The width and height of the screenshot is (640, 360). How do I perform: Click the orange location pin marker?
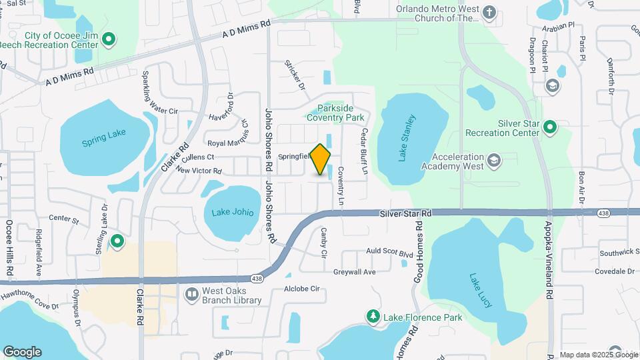point(321,160)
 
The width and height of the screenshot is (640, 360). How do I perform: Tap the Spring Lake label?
point(103,137)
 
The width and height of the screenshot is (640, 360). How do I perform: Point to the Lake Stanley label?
point(407,138)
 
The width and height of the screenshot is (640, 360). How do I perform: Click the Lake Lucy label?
point(480,290)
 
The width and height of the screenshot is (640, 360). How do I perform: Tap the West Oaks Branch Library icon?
point(192,294)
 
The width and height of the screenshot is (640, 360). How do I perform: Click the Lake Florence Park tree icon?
point(373,315)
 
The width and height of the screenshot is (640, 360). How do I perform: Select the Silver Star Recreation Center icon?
point(550,127)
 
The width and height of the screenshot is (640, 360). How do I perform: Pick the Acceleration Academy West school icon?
point(493,160)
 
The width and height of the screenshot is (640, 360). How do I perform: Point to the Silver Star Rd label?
point(406,213)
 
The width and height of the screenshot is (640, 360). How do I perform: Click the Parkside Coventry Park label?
point(335,113)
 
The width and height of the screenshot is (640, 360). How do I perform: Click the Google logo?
point(22,352)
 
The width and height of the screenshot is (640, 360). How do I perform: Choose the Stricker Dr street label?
point(294,75)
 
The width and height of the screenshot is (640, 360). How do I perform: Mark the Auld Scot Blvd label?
point(391,251)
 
